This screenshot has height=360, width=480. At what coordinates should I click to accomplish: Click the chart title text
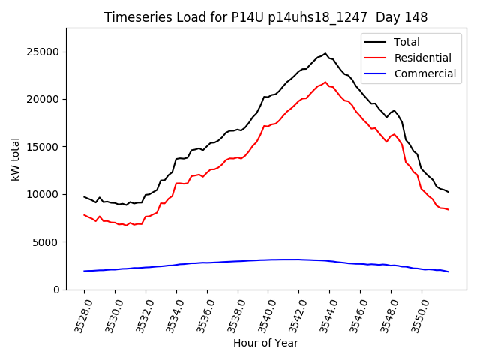coord(265,17)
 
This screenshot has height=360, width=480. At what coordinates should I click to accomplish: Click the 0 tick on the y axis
coord(56,289)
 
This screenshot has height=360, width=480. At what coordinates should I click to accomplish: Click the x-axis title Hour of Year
coord(265,343)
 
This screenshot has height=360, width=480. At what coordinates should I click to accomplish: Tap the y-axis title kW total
coord(15,158)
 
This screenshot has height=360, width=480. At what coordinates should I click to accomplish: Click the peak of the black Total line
coord(325,53)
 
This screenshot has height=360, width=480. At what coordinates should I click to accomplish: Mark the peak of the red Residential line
coord(325,82)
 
